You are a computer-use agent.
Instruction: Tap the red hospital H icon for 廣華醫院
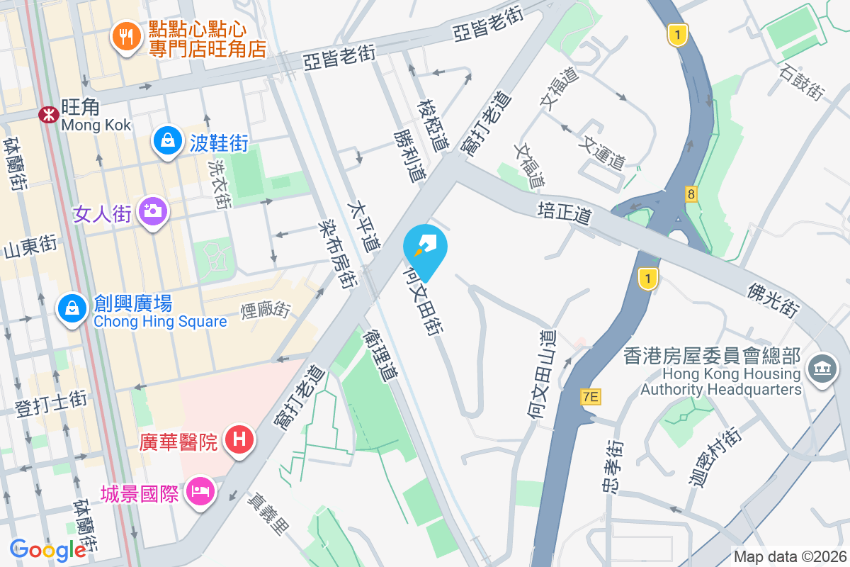(x=239, y=439)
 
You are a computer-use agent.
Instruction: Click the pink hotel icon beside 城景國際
(x=200, y=490)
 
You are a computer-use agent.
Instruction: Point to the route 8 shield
(x=690, y=193)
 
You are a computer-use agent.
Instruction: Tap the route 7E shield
(x=590, y=397)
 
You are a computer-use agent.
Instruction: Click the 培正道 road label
(x=565, y=211)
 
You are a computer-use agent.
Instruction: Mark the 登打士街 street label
(x=51, y=402)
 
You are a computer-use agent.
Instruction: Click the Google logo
(x=48, y=550)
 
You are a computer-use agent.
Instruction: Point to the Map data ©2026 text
(x=789, y=557)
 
